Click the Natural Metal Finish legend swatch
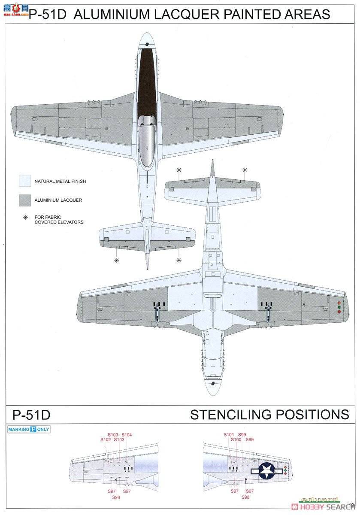pyautogui.click(x=25, y=181)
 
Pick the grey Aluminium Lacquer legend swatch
pyautogui.click(x=25, y=200)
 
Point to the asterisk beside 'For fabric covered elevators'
pyautogui.click(x=25, y=218)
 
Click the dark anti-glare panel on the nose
pyautogui.click(x=146, y=82)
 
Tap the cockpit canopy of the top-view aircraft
pyautogui.click(x=146, y=144)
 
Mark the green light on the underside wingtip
pyautogui.click(x=339, y=307)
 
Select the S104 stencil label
pyautogui.click(x=127, y=435)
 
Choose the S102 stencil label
pyautogui.click(x=106, y=440)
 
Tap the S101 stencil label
pyautogui.click(x=229, y=435)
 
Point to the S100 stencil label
pyautogui.click(x=236, y=440)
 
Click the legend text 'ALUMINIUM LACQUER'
pyautogui.click(x=58, y=200)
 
